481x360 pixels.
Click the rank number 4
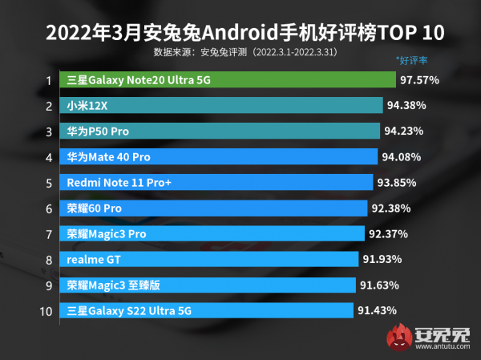[49, 156]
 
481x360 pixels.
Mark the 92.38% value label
[391, 208]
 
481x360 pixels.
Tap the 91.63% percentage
[379, 285]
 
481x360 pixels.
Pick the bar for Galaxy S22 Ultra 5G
[205, 310]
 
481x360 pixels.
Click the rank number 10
[46, 310]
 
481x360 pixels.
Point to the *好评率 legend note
[411, 59]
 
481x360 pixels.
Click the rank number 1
[49, 80]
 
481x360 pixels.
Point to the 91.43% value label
[378, 310]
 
